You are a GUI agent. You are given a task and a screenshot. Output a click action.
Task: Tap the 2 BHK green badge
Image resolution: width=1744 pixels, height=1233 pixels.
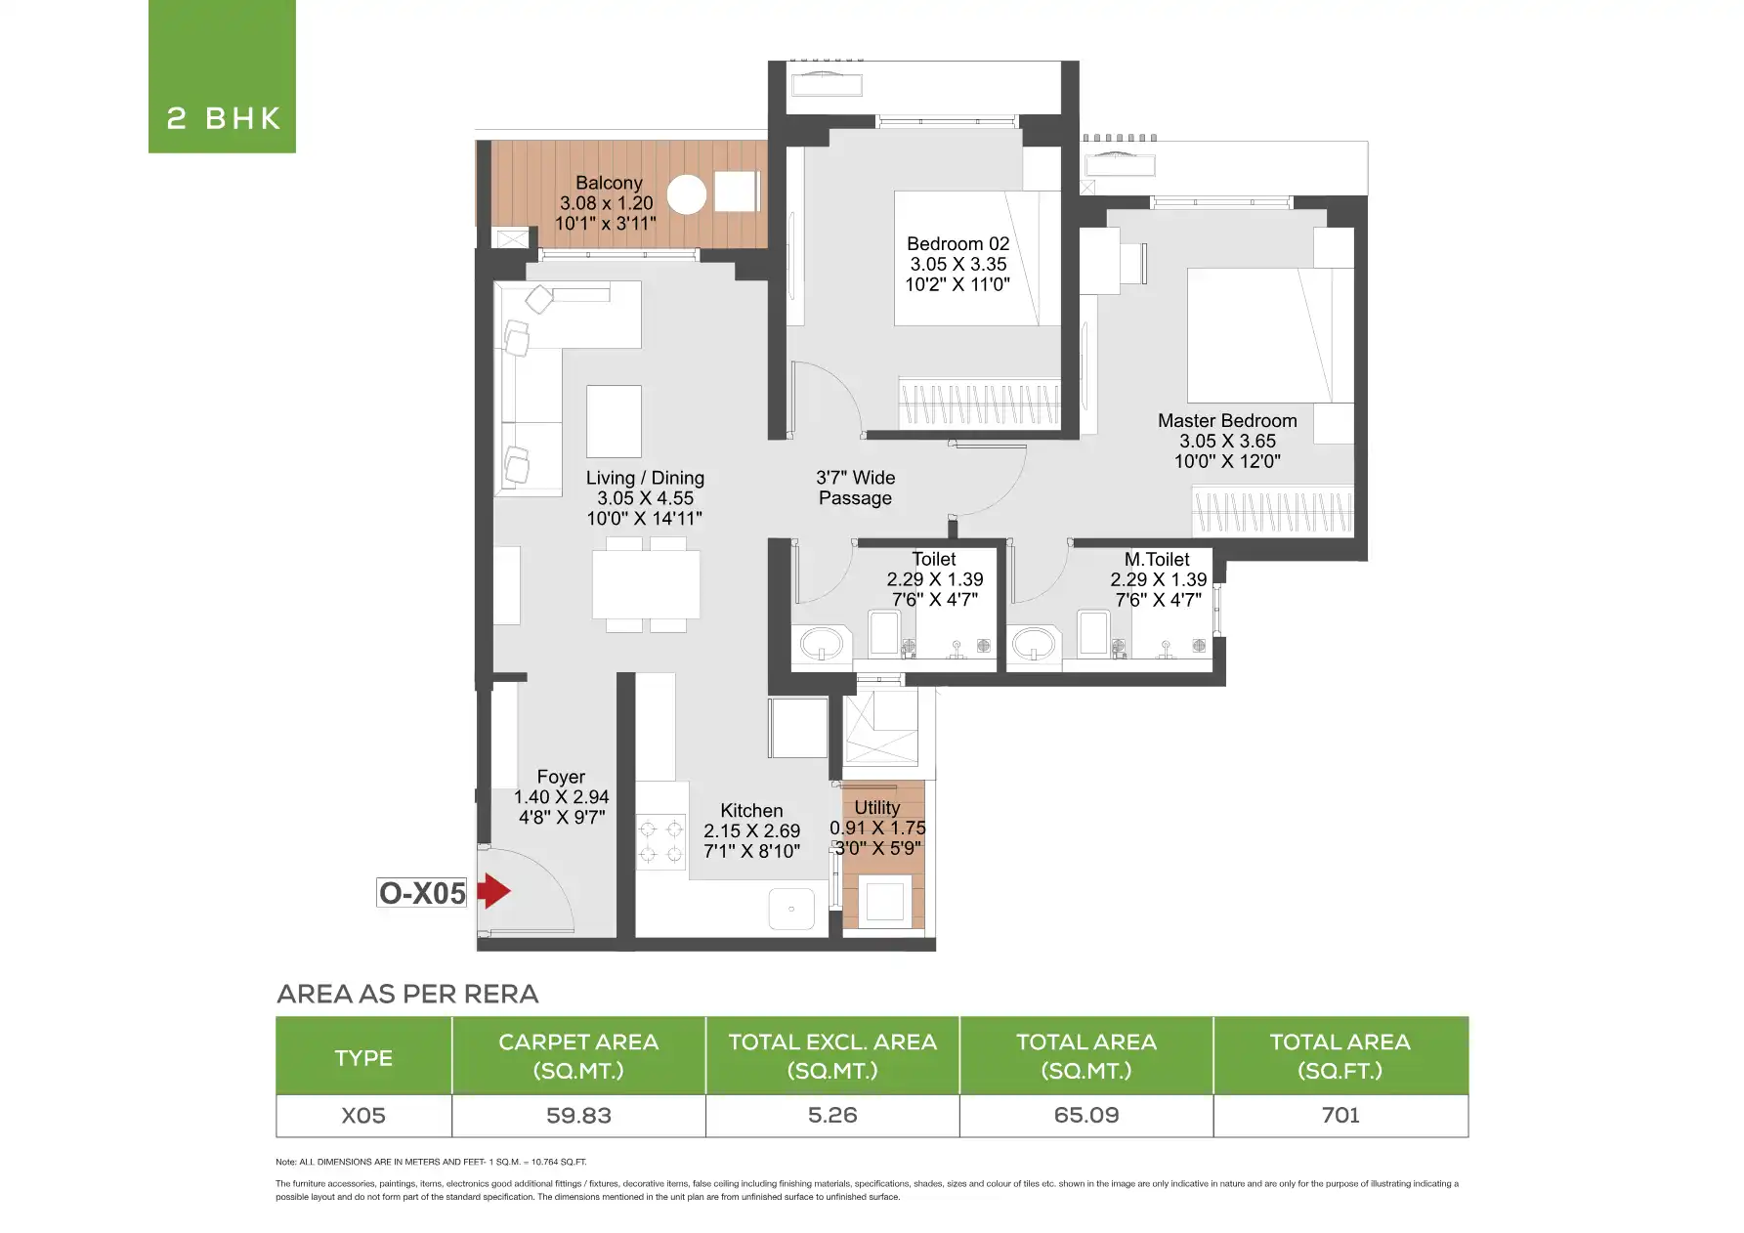click(222, 76)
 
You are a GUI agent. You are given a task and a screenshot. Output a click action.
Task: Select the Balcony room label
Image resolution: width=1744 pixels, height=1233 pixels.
click(608, 183)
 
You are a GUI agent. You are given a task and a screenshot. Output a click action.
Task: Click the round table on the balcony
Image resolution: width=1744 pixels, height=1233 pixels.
click(688, 194)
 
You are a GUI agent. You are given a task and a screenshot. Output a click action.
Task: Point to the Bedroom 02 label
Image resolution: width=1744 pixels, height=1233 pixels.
click(957, 244)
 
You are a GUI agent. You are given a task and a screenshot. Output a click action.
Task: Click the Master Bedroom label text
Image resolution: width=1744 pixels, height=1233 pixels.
click(1227, 420)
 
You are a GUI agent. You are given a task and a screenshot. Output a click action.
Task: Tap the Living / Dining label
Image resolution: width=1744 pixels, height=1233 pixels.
click(645, 478)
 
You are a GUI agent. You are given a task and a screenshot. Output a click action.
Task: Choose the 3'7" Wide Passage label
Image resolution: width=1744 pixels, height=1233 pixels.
click(855, 488)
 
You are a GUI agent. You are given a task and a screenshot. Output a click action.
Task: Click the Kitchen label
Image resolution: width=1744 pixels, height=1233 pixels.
click(751, 811)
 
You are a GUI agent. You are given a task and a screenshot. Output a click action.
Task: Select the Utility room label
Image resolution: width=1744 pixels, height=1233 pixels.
click(876, 808)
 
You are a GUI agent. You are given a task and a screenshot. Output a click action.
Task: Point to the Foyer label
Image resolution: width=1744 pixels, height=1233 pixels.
click(561, 777)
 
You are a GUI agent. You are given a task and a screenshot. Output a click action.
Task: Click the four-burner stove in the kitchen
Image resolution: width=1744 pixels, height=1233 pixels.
click(661, 842)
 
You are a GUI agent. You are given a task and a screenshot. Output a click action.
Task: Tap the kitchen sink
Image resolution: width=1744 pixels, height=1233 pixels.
click(791, 909)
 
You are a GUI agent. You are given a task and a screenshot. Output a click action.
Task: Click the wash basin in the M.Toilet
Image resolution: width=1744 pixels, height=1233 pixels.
click(1033, 643)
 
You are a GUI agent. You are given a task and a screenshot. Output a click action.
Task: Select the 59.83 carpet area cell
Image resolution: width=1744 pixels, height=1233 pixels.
click(578, 1115)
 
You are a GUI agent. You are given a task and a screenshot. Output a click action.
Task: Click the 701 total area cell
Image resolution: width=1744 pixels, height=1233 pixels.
click(1340, 1115)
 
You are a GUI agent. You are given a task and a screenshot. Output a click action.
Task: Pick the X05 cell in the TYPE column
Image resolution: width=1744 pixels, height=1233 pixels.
click(363, 1115)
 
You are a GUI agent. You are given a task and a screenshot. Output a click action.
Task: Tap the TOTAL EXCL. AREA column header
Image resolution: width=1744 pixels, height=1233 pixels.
click(832, 1056)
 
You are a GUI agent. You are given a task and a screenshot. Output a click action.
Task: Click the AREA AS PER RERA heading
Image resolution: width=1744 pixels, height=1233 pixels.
click(407, 994)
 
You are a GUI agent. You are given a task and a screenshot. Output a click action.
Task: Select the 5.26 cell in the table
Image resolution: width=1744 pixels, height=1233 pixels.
click(832, 1115)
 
